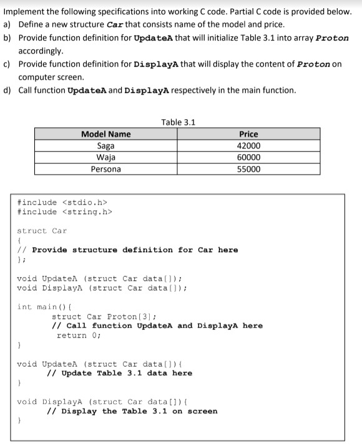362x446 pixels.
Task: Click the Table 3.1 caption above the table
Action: pos(178,122)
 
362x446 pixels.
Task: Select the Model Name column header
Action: pos(105,134)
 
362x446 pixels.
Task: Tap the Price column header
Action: pos(248,134)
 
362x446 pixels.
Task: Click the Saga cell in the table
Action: pos(105,145)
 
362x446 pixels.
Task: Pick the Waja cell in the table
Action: pos(105,157)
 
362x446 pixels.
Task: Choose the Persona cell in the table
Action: pos(105,169)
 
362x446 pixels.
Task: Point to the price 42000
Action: pos(248,145)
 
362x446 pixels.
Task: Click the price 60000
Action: pos(248,157)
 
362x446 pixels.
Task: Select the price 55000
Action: pos(248,169)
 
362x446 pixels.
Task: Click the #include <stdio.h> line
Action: pos(63,203)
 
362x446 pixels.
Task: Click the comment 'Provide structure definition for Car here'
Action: pos(135,250)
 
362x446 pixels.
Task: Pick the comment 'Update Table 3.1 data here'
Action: pos(120,373)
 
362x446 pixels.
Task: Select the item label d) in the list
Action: pos(8,90)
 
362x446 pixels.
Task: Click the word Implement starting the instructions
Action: pos(24,11)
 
